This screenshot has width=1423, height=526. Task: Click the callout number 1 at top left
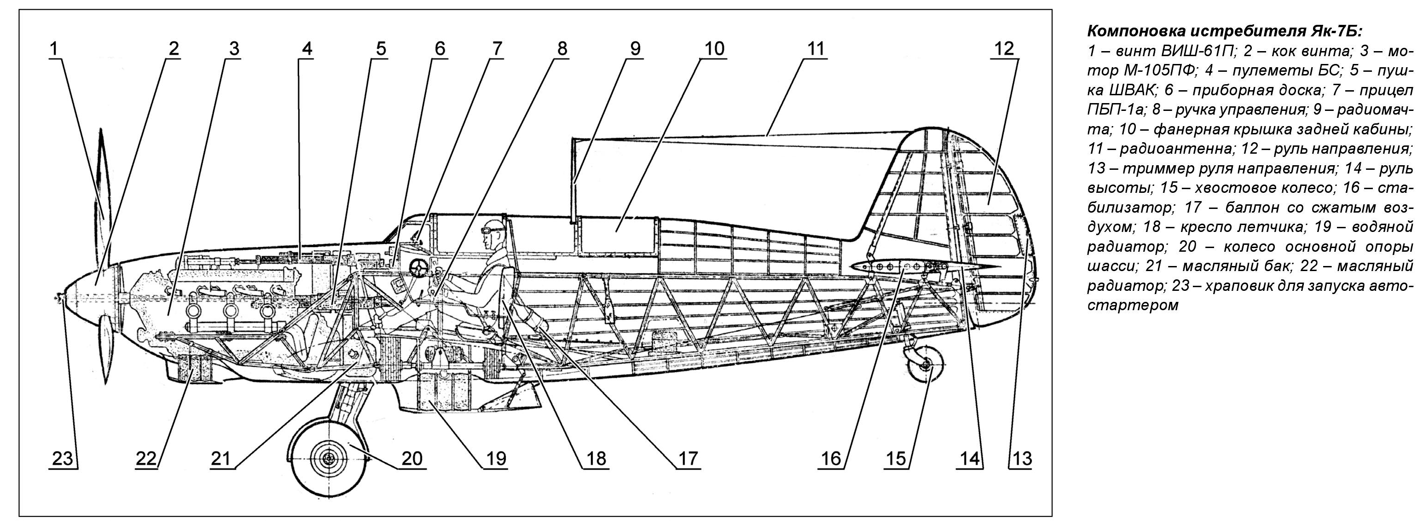[53, 49]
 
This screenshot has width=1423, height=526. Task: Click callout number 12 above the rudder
[1004, 49]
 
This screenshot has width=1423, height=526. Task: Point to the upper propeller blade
[103, 182]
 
